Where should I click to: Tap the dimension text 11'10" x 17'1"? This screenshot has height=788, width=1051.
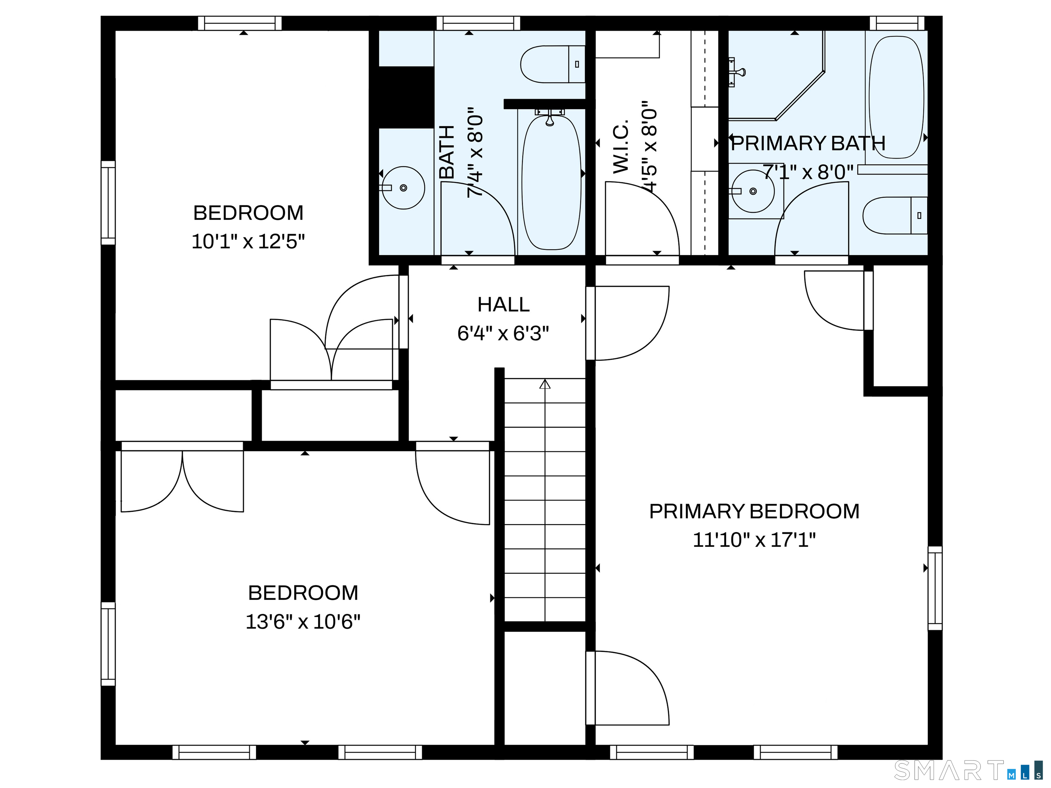click(x=754, y=540)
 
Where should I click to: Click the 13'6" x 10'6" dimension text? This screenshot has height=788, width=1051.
click(x=303, y=622)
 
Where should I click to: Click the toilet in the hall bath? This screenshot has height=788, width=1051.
click(x=552, y=64)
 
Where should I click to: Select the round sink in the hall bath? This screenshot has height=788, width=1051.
click(x=403, y=188)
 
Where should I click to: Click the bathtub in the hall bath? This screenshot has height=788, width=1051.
click(x=551, y=183)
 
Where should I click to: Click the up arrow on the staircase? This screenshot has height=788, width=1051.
click(x=545, y=384)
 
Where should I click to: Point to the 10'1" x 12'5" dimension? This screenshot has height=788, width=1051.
click(x=248, y=242)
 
